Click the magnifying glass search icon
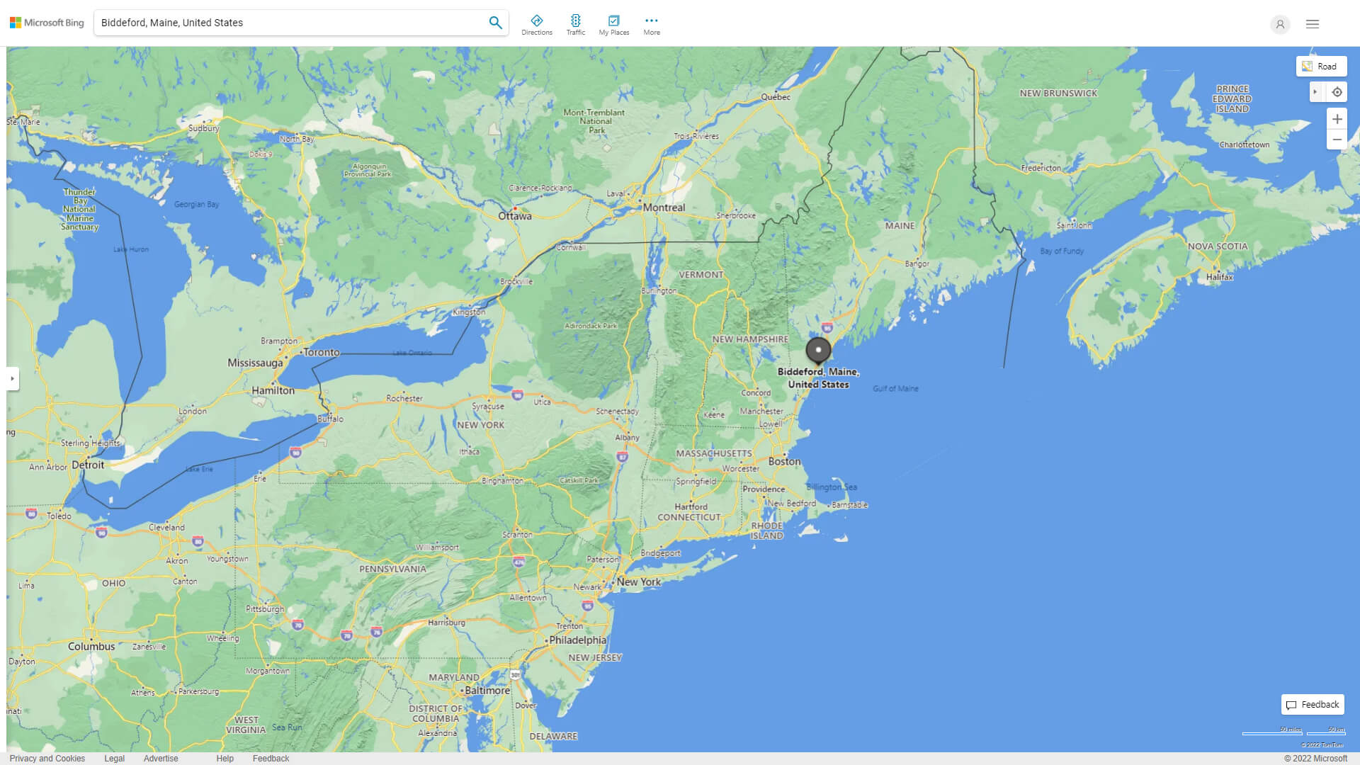(x=495, y=23)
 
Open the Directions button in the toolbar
(x=536, y=25)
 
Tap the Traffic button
(x=576, y=25)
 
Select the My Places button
(x=613, y=25)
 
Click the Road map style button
(x=1321, y=67)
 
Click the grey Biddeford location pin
(x=818, y=351)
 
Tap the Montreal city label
(x=664, y=208)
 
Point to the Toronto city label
(x=321, y=352)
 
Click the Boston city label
(x=785, y=461)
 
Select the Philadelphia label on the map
(x=577, y=640)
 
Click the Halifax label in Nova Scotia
(x=1219, y=277)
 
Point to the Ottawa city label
(x=515, y=216)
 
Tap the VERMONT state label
(x=701, y=275)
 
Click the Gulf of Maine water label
(x=895, y=389)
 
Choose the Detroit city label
(x=88, y=465)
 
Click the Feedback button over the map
(x=1313, y=705)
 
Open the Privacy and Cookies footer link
(x=47, y=758)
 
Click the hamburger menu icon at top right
(x=1313, y=24)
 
